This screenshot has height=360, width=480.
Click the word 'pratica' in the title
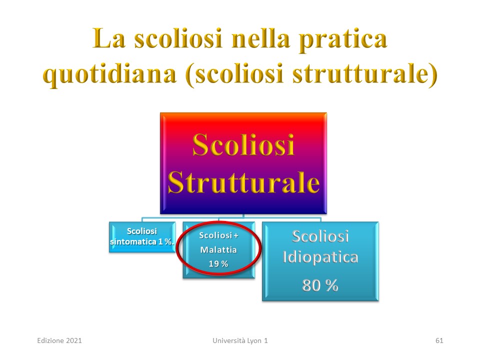[x=343, y=39]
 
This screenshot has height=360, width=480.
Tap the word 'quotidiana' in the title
[x=109, y=74]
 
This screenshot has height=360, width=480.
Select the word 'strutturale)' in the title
[x=365, y=74]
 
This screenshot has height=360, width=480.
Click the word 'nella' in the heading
[x=260, y=38]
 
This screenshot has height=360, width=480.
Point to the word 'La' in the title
[x=108, y=38]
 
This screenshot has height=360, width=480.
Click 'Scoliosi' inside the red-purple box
[x=243, y=145]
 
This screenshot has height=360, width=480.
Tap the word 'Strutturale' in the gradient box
[x=243, y=182]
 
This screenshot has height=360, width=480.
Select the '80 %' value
[x=320, y=285]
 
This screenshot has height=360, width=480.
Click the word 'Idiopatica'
[x=320, y=257]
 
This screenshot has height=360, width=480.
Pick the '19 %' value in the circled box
[x=218, y=264]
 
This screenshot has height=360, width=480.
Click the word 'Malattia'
[x=218, y=250]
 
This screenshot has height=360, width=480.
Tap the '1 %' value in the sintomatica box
[x=166, y=241]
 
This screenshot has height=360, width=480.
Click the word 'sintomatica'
[x=133, y=241]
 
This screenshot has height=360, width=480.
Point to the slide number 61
[x=439, y=340]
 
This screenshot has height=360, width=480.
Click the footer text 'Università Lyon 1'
[x=240, y=340]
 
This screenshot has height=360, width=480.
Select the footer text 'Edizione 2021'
[x=59, y=340]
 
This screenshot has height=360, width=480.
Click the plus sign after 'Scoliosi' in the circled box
[x=235, y=235]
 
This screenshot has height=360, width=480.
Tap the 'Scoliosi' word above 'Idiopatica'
[x=320, y=236]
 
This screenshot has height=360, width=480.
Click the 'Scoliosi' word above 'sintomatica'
[x=141, y=231]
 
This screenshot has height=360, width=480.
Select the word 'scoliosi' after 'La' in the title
[x=178, y=38]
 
